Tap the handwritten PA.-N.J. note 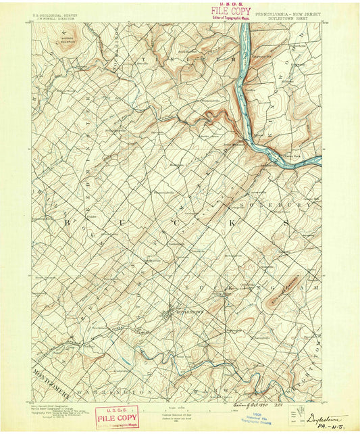[325, 427]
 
